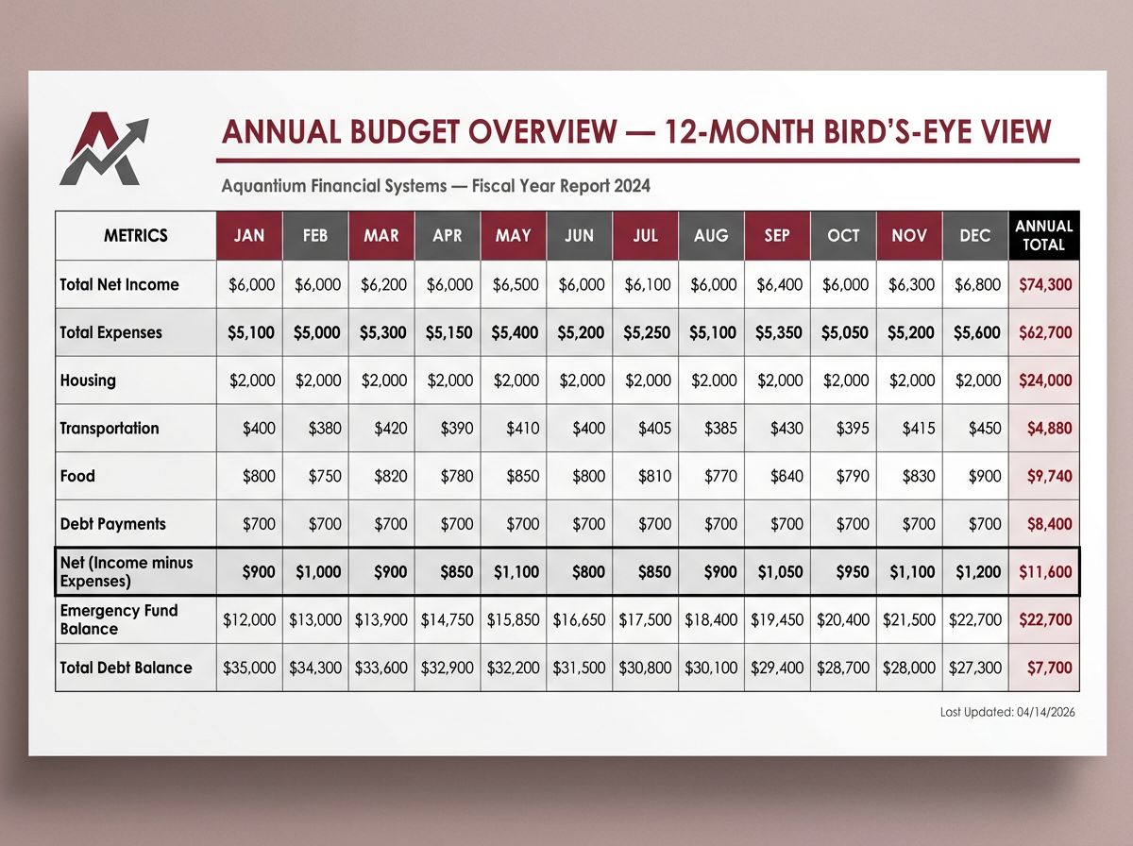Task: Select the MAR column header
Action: coord(380,235)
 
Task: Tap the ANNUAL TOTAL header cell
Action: coord(1043,235)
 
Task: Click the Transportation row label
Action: coord(110,428)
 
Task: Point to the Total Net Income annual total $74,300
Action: coord(1045,284)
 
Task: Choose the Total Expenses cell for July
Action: coord(647,332)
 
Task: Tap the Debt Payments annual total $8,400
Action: coord(1047,524)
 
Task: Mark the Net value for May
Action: coord(515,571)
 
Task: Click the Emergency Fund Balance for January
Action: coord(249,619)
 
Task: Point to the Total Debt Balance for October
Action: coord(844,668)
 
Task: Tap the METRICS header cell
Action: coord(136,235)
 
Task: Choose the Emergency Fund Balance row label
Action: coord(119,619)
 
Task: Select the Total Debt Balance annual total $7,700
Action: coord(1049,668)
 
